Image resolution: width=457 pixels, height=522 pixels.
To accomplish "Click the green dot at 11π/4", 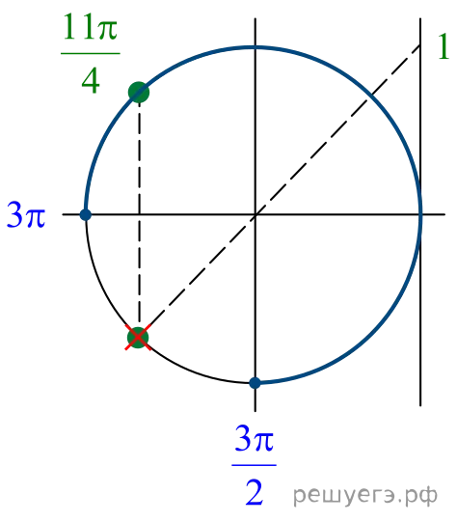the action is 139,93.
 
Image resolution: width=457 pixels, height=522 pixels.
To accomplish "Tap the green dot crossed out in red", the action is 138,338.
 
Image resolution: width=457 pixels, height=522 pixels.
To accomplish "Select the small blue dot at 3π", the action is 86,215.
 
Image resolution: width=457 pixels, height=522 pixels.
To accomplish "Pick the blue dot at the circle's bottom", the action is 255,383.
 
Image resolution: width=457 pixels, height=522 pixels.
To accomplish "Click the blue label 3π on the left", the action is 26,215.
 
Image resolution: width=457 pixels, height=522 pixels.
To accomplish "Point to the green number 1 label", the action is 444,46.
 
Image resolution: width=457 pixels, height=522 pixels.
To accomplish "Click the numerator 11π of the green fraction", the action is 90,27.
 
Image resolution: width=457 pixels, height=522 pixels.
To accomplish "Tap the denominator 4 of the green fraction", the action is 91,81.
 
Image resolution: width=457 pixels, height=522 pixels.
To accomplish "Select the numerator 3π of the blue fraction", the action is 255,438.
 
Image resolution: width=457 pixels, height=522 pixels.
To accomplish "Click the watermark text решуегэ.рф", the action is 365,495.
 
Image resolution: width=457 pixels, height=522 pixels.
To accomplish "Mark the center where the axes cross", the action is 255,215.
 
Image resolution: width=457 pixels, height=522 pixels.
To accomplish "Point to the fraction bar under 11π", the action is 90,53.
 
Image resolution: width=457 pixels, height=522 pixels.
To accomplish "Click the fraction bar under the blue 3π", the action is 255,465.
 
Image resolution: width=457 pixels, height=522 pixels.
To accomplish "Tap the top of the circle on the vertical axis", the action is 255,47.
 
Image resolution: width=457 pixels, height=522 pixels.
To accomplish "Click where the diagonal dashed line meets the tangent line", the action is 420,45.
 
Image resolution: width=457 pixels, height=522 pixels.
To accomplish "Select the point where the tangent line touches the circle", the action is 420,215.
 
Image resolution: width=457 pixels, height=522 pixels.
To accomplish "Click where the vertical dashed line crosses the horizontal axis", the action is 139,215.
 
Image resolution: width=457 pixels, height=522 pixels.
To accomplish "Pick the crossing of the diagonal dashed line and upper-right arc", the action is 370,96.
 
